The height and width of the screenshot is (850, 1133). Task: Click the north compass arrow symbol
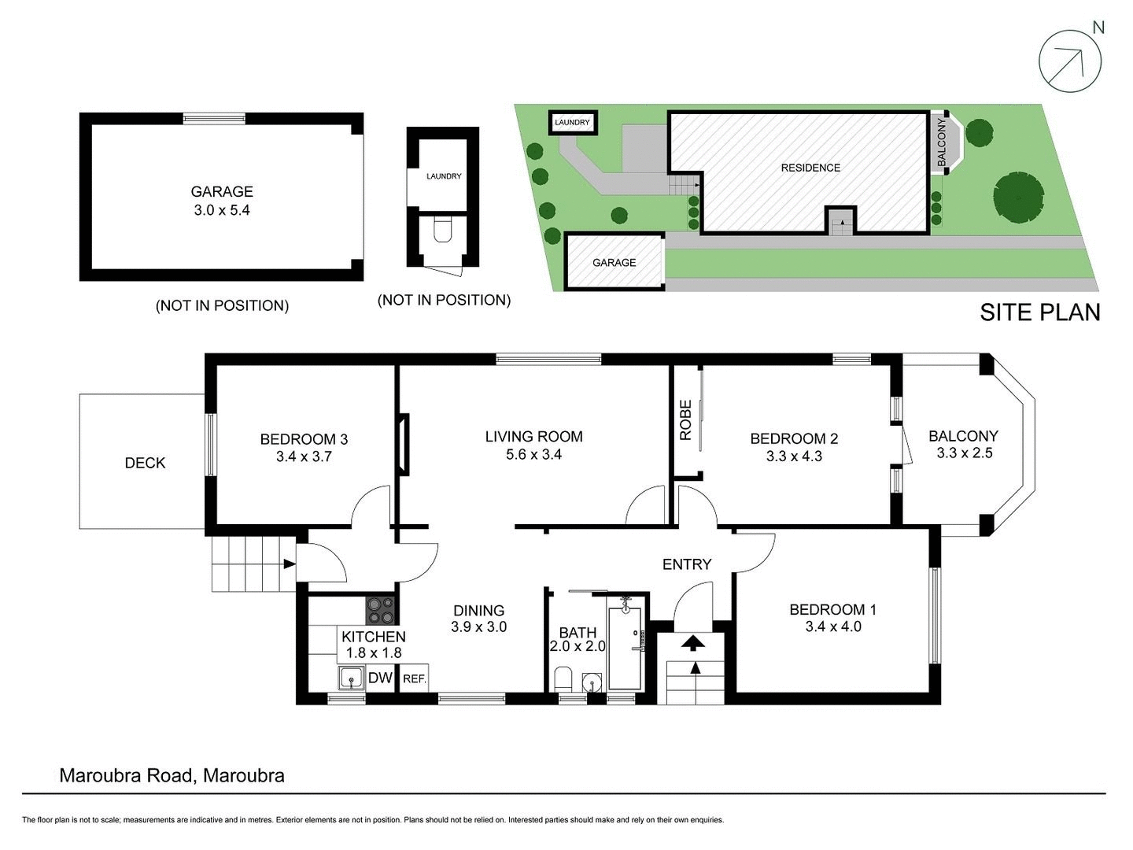coord(1069,61)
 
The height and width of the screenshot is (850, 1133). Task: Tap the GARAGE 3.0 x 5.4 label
coord(222,201)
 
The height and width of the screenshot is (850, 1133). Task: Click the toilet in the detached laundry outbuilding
coord(442,230)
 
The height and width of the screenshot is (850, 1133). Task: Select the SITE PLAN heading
coord(1039,312)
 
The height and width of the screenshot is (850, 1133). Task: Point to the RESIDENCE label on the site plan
coord(810,168)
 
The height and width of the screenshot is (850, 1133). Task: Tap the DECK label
coord(145,463)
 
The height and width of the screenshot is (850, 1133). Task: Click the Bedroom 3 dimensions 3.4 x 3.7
coord(304,456)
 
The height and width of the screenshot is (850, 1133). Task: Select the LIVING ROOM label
coord(533,436)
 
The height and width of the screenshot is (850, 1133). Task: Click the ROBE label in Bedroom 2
coord(685,420)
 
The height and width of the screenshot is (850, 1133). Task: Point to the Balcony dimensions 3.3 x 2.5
coord(964,453)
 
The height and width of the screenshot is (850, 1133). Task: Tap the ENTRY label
coord(686,564)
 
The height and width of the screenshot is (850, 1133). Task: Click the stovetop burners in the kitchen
coord(382,609)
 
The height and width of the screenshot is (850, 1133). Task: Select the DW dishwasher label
coord(380,678)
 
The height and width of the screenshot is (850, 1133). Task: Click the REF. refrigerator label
coord(414,678)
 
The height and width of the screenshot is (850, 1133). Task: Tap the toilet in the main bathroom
coord(563,678)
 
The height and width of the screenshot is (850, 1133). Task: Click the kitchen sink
coord(351,678)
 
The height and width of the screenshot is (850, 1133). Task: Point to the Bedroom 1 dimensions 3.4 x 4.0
coord(832,627)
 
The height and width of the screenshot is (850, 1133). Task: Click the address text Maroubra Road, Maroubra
coord(172,775)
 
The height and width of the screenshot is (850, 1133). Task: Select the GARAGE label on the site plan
coord(614,263)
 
